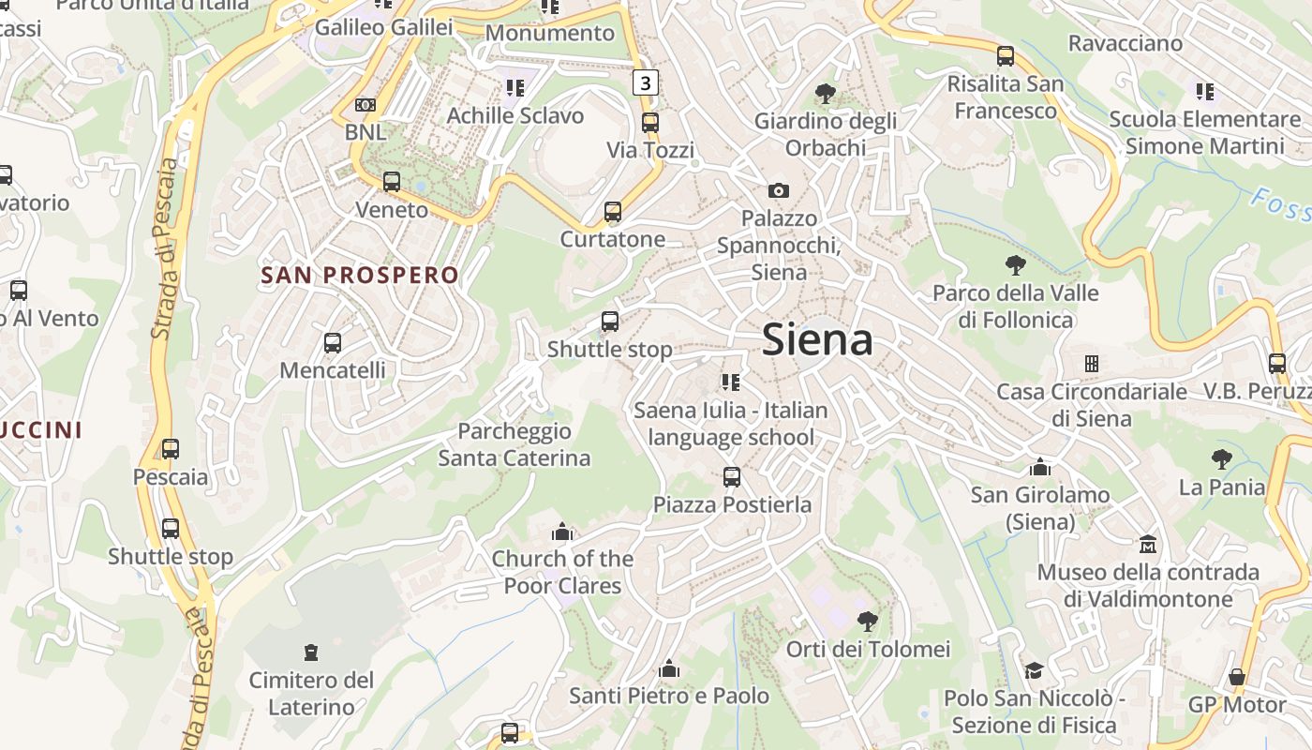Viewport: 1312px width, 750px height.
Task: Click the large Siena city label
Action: pyautogui.click(x=817, y=339)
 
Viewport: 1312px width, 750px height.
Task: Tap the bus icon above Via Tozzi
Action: pyautogui.click(x=650, y=123)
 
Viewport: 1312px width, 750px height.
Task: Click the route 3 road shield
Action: pyautogui.click(x=645, y=82)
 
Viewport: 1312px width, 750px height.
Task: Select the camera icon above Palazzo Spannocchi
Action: pyautogui.click(x=778, y=191)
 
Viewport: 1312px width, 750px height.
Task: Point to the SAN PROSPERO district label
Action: pyautogui.click(x=360, y=276)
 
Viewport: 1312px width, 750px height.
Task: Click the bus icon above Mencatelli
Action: pyautogui.click(x=333, y=343)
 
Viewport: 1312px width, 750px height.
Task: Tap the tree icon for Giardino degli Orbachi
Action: pyautogui.click(x=826, y=94)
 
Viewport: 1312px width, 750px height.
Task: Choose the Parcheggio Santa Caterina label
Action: pyautogui.click(x=514, y=444)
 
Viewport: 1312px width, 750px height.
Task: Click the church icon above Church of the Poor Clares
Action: pyautogui.click(x=562, y=532)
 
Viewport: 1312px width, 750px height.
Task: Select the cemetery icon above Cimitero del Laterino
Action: pyautogui.click(x=311, y=652)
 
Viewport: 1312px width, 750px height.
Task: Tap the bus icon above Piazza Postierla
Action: pyautogui.click(x=732, y=477)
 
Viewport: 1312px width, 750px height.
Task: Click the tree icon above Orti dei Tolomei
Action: pyautogui.click(x=868, y=621)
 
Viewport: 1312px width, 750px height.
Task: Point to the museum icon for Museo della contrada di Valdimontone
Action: pyautogui.click(x=1148, y=545)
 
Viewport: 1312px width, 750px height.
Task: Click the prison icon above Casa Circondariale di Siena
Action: pyautogui.click(x=1091, y=363)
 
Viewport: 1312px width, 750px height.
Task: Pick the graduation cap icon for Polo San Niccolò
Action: pyautogui.click(x=1034, y=671)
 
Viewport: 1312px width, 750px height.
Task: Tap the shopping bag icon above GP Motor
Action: pyautogui.click(x=1237, y=677)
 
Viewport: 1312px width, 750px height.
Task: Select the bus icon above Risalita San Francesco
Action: pyautogui.click(x=1006, y=56)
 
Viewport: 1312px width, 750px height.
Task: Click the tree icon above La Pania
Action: pyautogui.click(x=1221, y=459)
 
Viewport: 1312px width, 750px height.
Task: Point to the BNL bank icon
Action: pyautogui.click(x=365, y=105)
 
